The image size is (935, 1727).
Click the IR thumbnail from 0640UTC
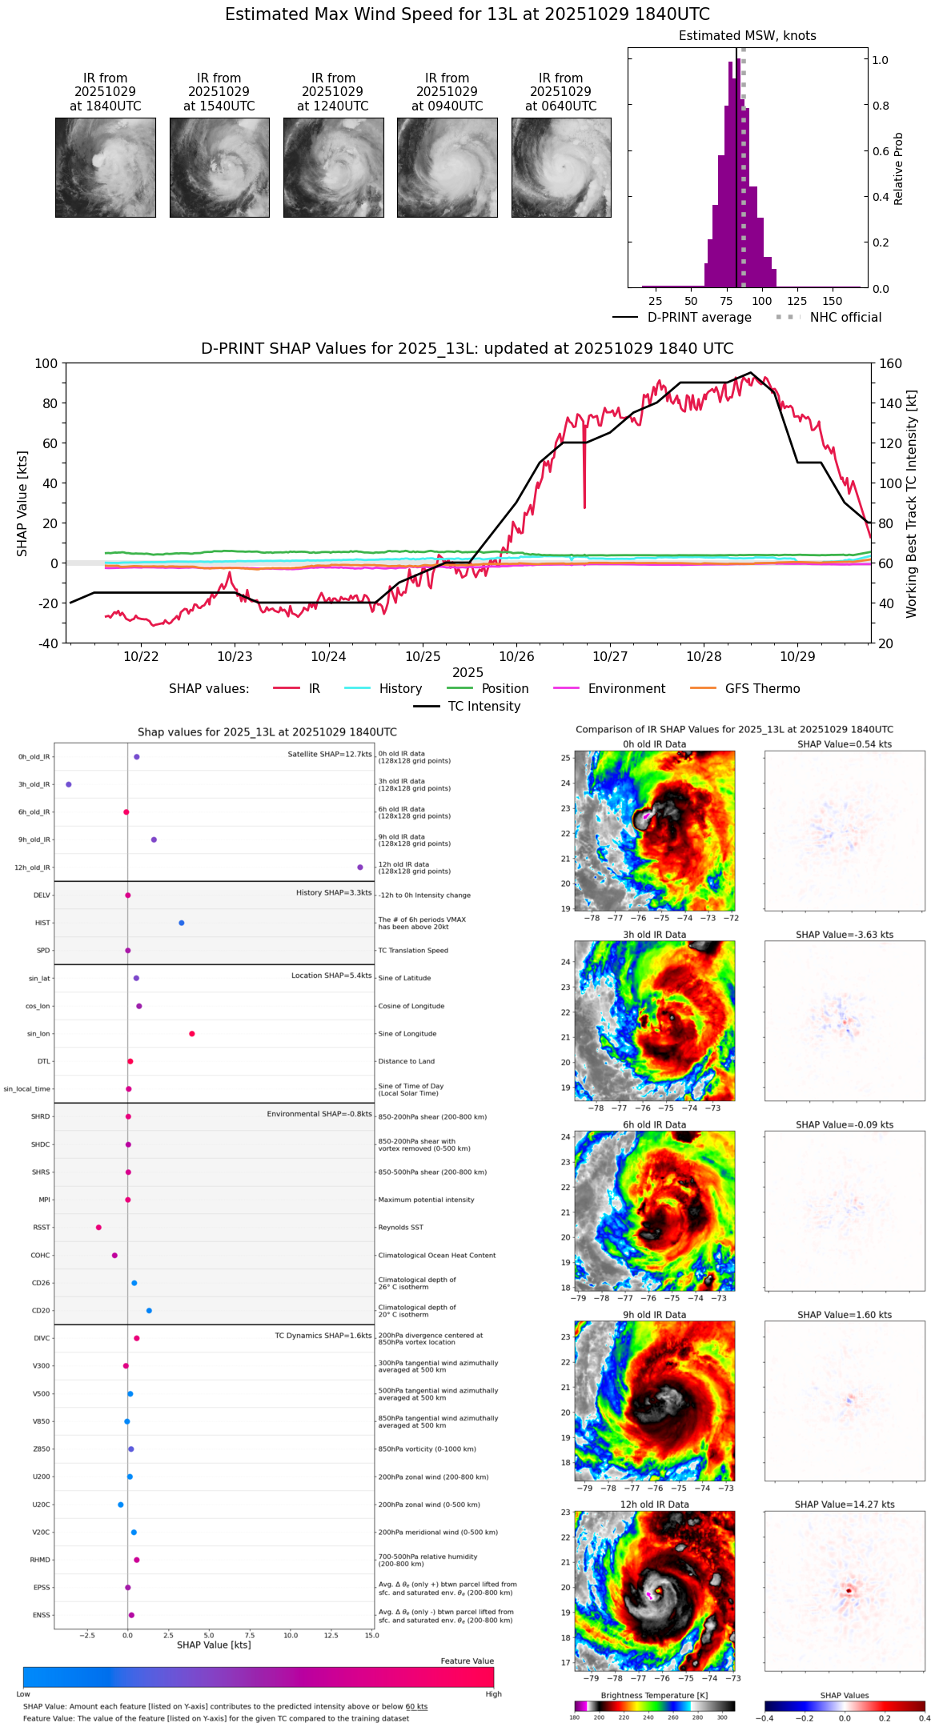click(561, 167)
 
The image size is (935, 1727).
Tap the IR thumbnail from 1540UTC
click(219, 167)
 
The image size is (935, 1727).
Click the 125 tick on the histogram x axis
click(797, 301)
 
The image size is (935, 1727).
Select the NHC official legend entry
click(845, 318)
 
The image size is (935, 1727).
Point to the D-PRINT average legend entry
click(699, 318)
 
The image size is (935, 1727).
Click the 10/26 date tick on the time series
click(516, 656)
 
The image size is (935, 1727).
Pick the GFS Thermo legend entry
click(762, 689)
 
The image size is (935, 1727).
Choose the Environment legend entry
click(626, 689)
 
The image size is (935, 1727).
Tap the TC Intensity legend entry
click(484, 707)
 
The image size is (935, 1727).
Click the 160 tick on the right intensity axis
click(890, 363)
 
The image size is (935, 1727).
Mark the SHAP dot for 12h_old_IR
click(360, 868)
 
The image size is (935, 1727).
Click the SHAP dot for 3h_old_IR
click(68, 784)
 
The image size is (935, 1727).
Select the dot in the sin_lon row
click(192, 1034)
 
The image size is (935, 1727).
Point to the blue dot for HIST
click(182, 923)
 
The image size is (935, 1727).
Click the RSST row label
click(42, 1228)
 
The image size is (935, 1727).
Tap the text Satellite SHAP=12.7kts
click(330, 754)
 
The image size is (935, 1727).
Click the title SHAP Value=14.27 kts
click(845, 1505)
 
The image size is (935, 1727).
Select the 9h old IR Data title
click(654, 1315)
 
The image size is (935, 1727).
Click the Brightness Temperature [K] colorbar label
click(654, 1695)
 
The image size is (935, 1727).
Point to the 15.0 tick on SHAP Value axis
click(371, 1635)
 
